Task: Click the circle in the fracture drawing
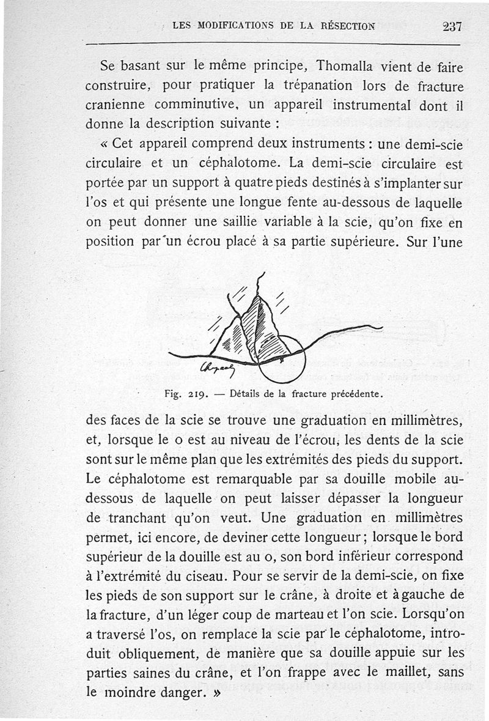tap(282, 359)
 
